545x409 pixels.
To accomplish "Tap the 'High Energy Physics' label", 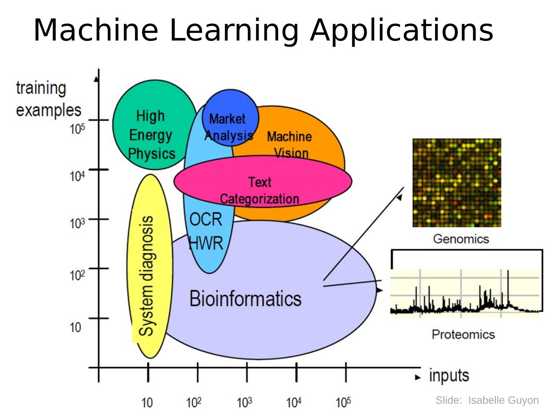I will tap(151, 135).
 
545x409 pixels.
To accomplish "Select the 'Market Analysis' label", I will tap(228, 127).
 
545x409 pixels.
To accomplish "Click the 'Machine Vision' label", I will tap(290, 144).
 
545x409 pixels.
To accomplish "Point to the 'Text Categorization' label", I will tap(260, 190).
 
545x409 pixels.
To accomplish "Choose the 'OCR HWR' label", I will tap(206, 231).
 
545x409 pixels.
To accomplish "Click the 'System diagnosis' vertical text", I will tap(146, 276).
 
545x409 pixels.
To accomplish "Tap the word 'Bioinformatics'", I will tap(245, 298).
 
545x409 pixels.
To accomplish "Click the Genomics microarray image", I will tap(456, 183).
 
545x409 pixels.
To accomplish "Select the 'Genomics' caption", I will tap(461, 239).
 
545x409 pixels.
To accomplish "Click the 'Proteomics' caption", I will tap(463, 334).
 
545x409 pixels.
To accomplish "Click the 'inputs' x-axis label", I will tap(449, 376).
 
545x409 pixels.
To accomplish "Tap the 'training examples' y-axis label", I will tap(48, 99).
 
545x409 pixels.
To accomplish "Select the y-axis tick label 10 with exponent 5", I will tap(77, 129).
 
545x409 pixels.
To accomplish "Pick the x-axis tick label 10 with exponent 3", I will tap(244, 402).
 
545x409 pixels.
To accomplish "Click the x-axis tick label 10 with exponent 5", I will tap(343, 402).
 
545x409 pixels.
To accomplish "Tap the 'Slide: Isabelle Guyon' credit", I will tap(487, 400).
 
